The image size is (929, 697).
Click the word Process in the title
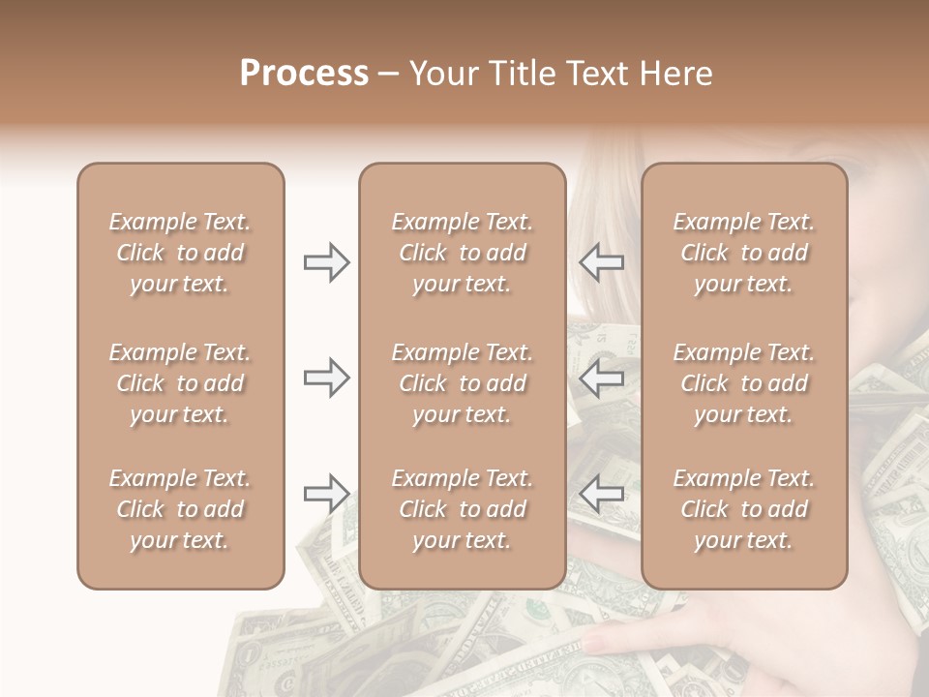(304, 74)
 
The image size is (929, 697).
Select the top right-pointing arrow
(326, 262)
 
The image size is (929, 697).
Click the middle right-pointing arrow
(326, 379)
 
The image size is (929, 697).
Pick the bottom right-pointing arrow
(326, 495)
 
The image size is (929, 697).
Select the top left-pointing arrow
(602, 262)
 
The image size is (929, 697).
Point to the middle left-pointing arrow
(602, 379)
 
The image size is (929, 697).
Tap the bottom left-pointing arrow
(602, 495)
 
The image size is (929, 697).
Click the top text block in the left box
(180, 253)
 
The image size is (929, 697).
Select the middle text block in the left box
(180, 383)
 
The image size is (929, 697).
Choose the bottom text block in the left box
(180, 509)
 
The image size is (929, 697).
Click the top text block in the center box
(462, 253)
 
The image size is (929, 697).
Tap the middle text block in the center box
(462, 383)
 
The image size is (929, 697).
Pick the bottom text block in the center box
(462, 509)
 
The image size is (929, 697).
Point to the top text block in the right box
(743, 253)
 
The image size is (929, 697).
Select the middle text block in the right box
(743, 383)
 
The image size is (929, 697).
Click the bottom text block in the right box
(743, 509)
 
